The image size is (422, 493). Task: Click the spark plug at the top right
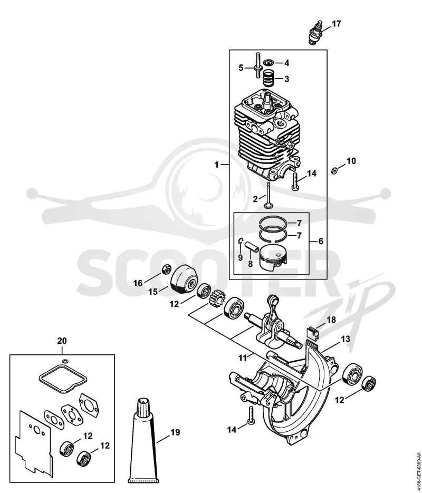coord(315,33)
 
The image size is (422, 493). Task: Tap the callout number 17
coord(336,24)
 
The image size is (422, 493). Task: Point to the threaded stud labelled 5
coord(258,66)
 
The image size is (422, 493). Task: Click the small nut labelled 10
coord(335,171)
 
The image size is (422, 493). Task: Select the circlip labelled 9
coord(241,241)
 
